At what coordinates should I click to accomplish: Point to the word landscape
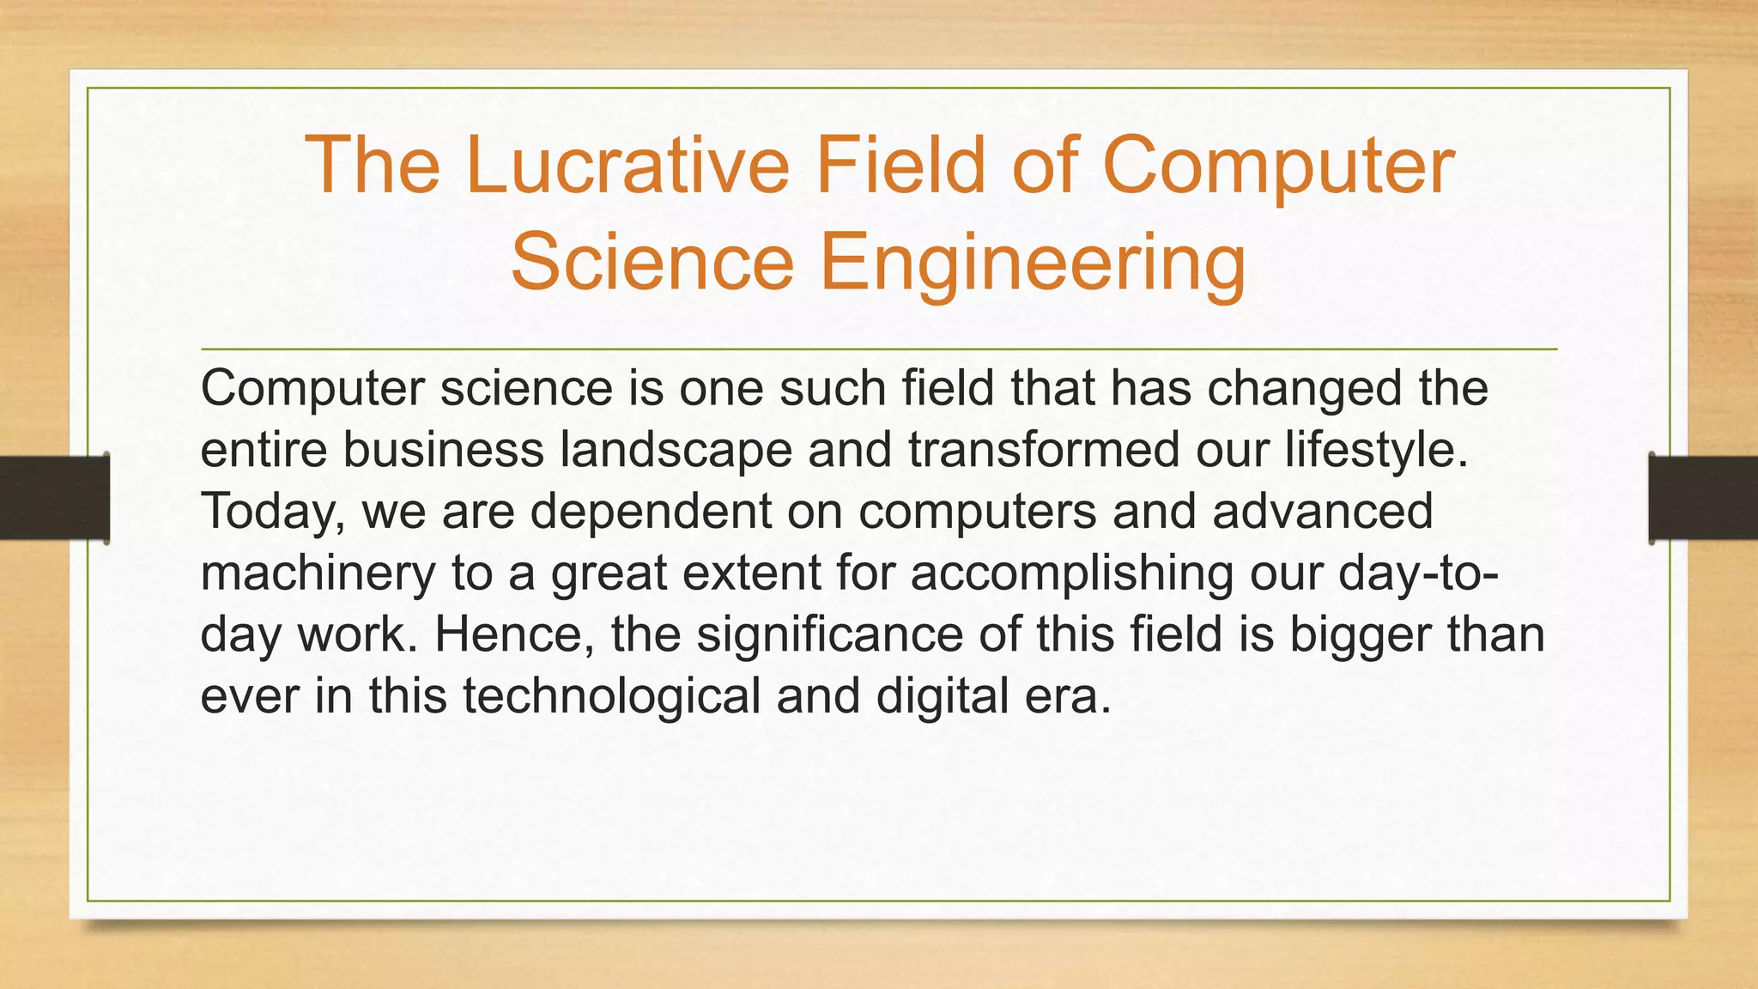(x=676, y=451)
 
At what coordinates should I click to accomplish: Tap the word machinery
(x=318, y=573)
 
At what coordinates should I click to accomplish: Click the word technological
(x=612, y=696)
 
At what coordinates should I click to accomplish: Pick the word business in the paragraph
(x=444, y=451)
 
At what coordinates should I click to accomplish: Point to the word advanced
(x=1323, y=512)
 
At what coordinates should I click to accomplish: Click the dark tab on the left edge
(x=54, y=498)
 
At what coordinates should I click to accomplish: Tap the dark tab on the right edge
(x=1703, y=498)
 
